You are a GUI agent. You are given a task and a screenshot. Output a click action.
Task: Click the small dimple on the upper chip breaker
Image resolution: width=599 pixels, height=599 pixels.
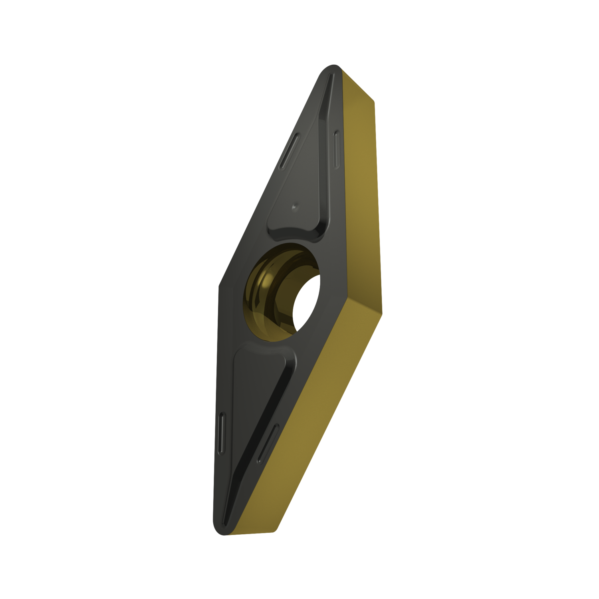[294, 206]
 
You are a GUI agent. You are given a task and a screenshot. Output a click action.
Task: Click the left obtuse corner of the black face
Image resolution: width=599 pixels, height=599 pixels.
[220, 284]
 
